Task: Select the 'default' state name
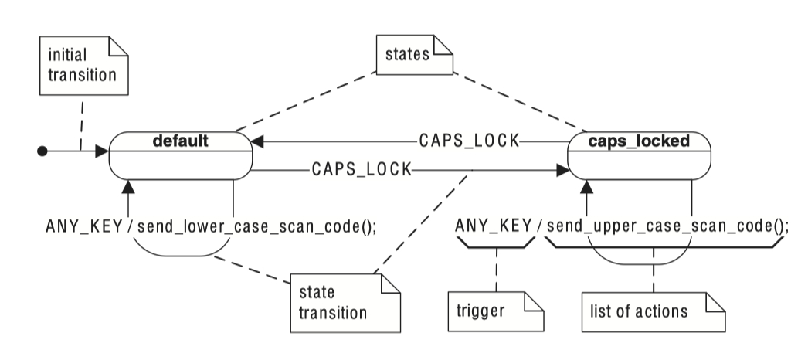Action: [179, 141]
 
